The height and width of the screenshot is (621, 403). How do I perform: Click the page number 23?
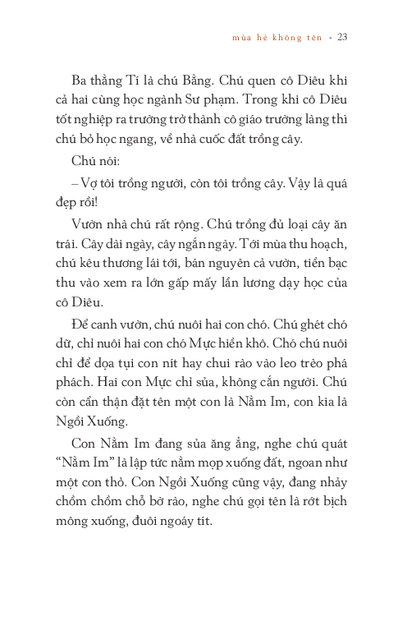click(342, 37)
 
